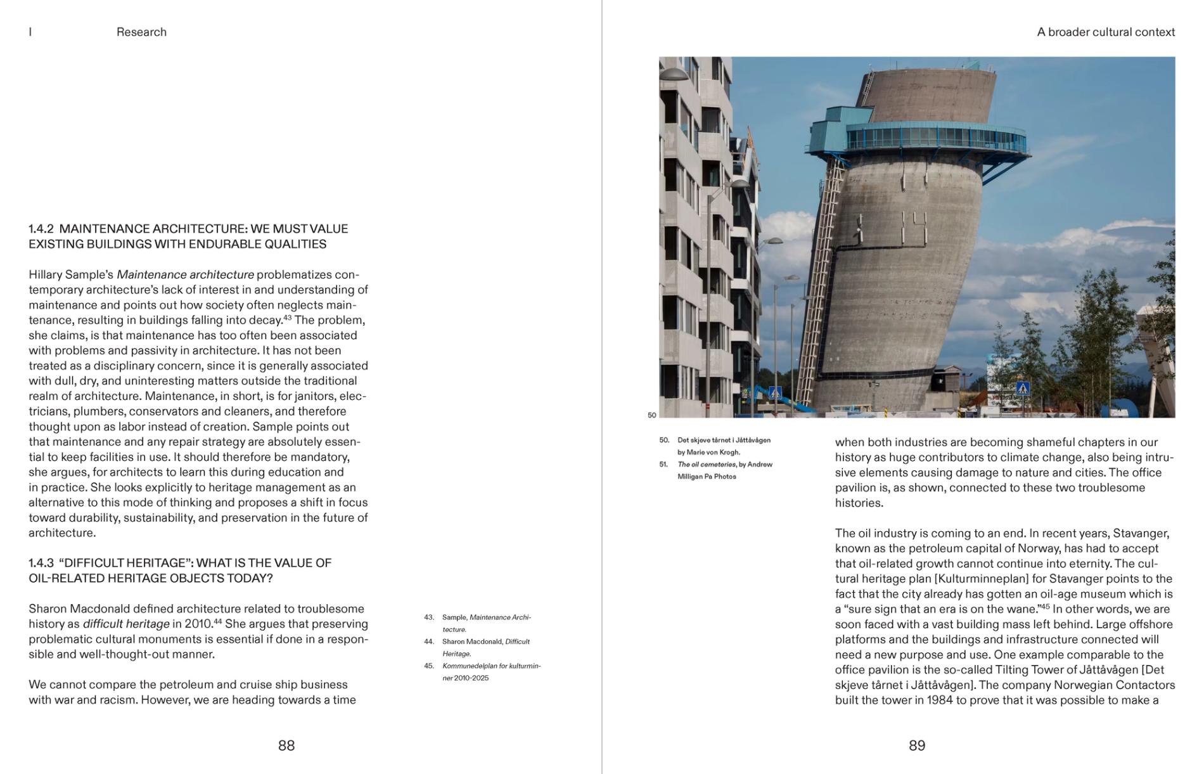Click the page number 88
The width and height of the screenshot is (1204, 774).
click(x=286, y=745)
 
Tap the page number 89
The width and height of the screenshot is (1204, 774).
click(x=917, y=745)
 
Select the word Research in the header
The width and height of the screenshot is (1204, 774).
click(x=141, y=32)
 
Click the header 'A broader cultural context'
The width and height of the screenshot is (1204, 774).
click(x=1106, y=32)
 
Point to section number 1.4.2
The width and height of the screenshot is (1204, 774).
click(x=41, y=229)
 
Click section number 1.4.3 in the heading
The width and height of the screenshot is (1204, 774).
click(x=41, y=563)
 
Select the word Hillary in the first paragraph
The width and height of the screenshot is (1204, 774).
click(x=46, y=275)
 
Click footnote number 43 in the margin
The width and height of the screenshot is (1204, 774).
click(x=429, y=617)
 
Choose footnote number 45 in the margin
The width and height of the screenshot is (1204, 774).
click(x=429, y=666)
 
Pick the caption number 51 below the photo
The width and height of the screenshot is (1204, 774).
click(x=663, y=465)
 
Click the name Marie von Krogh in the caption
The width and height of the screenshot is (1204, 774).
click(x=714, y=453)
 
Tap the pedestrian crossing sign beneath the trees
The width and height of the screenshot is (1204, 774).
click(x=1022, y=389)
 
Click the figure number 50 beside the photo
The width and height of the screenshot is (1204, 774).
click(x=651, y=416)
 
